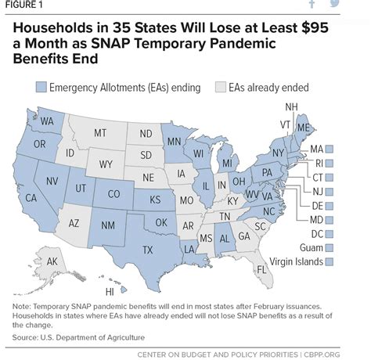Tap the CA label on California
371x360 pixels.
click(x=31, y=198)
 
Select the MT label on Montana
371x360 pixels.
click(x=99, y=134)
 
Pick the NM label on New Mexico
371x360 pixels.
click(x=109, y=226)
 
